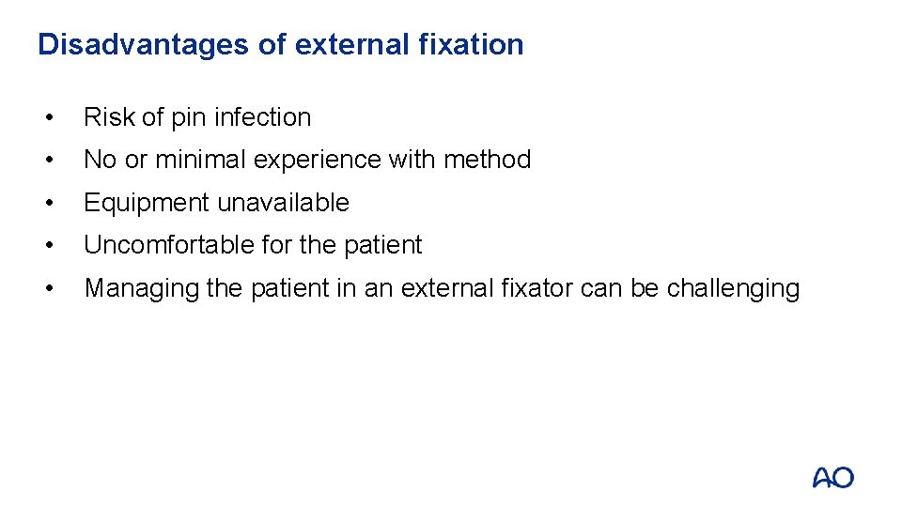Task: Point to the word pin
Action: pos(187,117)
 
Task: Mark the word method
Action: pos(487,160)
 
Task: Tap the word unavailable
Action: pos(284,203)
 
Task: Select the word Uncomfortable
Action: pos(166,245)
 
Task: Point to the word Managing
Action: pos(141,288)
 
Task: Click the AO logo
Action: pos(833,478)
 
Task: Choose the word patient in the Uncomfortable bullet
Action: pos(383,245)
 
